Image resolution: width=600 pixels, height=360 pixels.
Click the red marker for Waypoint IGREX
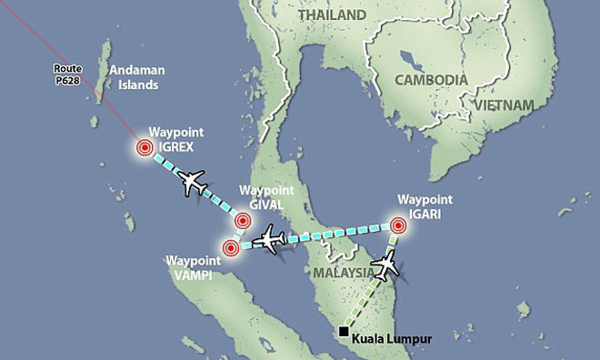click(144, 148)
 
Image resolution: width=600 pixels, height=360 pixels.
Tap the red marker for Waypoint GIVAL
click(243, 220)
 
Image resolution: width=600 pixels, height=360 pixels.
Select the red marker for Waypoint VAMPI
click(231, 247)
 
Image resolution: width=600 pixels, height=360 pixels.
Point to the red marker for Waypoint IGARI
click(398, 224)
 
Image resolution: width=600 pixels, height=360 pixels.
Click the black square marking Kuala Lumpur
click(343, 331)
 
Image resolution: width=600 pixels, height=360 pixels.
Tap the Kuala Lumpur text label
click(392, 338)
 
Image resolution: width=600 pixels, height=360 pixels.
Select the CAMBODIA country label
click(430, 80)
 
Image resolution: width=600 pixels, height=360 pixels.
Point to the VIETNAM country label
click(499, 105)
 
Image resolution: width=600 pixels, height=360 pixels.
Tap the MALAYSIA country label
click(344, 273)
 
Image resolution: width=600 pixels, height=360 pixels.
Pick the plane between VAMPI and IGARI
click(272, 241)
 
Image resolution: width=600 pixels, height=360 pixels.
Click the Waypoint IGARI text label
click(425, 205)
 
